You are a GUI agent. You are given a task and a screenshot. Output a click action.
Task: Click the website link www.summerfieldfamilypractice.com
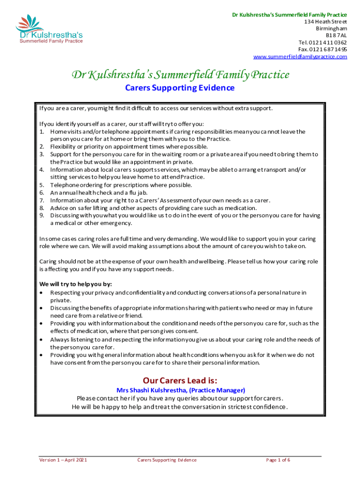300,57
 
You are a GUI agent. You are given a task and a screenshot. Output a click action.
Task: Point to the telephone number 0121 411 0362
327,42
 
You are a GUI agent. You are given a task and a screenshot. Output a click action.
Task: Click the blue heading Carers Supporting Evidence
180,88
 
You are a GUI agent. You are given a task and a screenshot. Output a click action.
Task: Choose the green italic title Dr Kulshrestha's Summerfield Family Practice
180,74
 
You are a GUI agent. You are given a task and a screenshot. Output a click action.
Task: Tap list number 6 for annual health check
42,192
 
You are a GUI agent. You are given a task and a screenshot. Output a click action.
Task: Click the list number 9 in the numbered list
42,215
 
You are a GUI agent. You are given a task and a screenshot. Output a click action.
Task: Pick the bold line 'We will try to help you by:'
75,284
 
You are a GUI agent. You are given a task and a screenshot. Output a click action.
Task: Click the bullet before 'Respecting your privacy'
43,292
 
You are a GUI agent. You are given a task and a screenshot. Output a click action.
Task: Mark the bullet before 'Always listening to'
43,339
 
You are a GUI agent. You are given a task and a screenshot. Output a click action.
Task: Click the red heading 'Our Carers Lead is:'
180,380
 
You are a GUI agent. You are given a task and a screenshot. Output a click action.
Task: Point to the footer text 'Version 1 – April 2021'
63,460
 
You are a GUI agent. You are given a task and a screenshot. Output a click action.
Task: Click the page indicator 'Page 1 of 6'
278,460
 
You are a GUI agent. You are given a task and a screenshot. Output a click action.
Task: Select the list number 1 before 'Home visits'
42,131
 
